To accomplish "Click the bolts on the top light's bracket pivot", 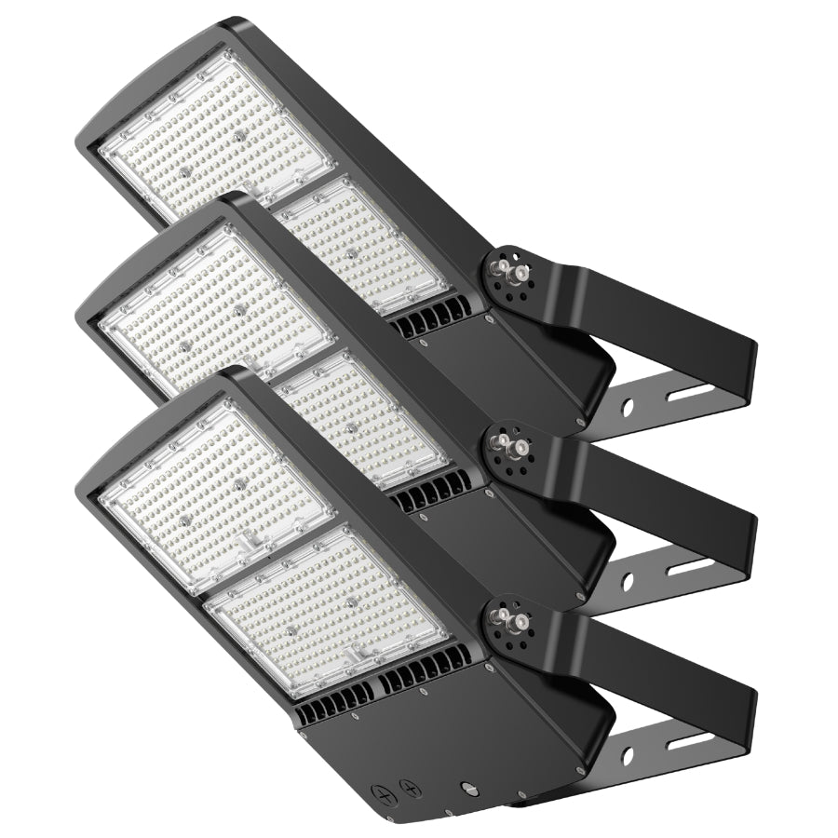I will click(509, 270).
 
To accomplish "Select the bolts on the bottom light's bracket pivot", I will click(509, 615).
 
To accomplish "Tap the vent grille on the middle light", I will click(433, 492).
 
